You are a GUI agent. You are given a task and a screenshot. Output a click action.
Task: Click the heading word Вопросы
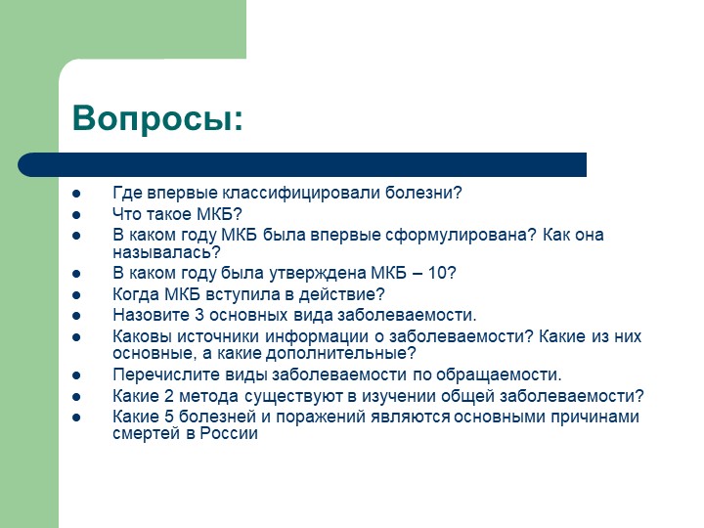click(x=157, y=119)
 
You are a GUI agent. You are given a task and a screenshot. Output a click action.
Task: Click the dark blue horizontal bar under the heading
click(x=302, y=164)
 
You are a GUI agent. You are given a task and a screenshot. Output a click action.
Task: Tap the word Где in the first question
click(x=127, y=193)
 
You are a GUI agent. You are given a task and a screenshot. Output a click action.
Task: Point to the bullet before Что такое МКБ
click(x=76, y=215)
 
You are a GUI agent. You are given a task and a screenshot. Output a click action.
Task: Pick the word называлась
click(x=166, y=253)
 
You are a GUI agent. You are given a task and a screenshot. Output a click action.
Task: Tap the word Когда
click(x=136, y=294)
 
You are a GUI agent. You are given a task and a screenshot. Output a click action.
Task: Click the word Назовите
click(x=152, y=315)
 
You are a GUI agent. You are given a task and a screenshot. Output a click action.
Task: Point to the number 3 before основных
click(x=199, y=315)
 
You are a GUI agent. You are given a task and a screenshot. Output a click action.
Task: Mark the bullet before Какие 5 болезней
click(x=76, y=418)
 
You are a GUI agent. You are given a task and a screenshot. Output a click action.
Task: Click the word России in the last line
click(x=229, y=434)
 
